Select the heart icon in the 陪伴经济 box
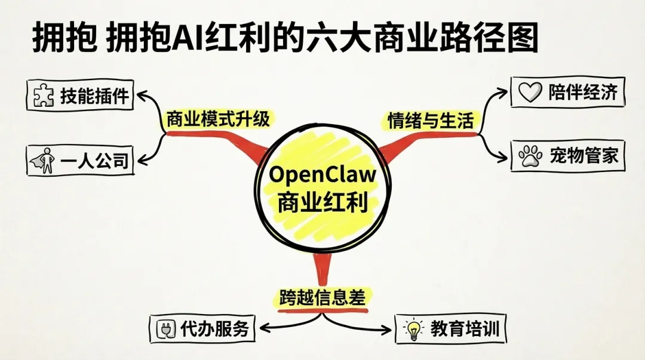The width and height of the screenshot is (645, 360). [529, 93]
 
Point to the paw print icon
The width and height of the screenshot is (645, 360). [530, 156]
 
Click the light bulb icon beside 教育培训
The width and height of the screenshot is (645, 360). [413, 329]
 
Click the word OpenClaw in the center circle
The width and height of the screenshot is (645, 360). [323, 175]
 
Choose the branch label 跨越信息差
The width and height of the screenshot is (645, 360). [322, 297]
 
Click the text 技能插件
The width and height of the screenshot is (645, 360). [94, 96]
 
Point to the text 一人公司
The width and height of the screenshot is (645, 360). [94, 160]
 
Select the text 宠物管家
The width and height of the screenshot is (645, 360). [583, 156]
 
